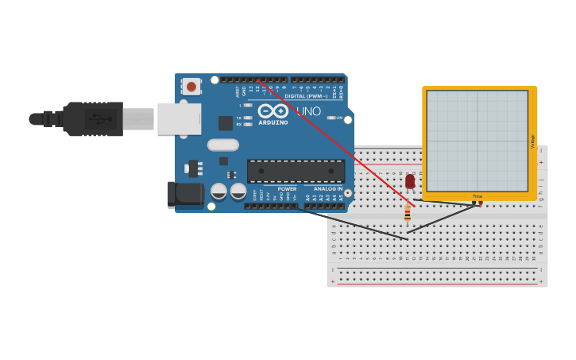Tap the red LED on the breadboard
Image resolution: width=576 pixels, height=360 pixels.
[x=410, y=182]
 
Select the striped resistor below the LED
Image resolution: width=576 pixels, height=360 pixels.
[x=408, y=213]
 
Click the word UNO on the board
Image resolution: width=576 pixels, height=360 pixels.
[x=308, y=111]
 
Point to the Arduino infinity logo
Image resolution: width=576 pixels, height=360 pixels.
[x=273, y=111]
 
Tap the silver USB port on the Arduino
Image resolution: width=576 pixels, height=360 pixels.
[x=179, y=119]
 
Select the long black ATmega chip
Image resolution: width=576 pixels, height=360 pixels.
[x=296, y=171]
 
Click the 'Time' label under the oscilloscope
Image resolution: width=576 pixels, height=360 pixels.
[x=477, y=196]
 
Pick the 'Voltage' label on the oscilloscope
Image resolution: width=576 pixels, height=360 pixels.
[x=532, y=141]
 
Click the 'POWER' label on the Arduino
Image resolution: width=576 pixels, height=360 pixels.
[x=287, y=189]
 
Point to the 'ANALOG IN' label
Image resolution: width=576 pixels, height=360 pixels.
[x=328, y=189]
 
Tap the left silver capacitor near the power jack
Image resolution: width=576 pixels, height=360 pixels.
[x=218, y=191]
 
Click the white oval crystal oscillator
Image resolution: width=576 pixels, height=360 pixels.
[x=223, y=145]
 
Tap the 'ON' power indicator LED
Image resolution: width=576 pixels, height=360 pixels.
[x=330, y=118]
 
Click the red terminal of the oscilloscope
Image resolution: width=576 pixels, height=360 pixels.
[x=480, y=203]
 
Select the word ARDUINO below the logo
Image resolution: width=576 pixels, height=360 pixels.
[x=273, y=122]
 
